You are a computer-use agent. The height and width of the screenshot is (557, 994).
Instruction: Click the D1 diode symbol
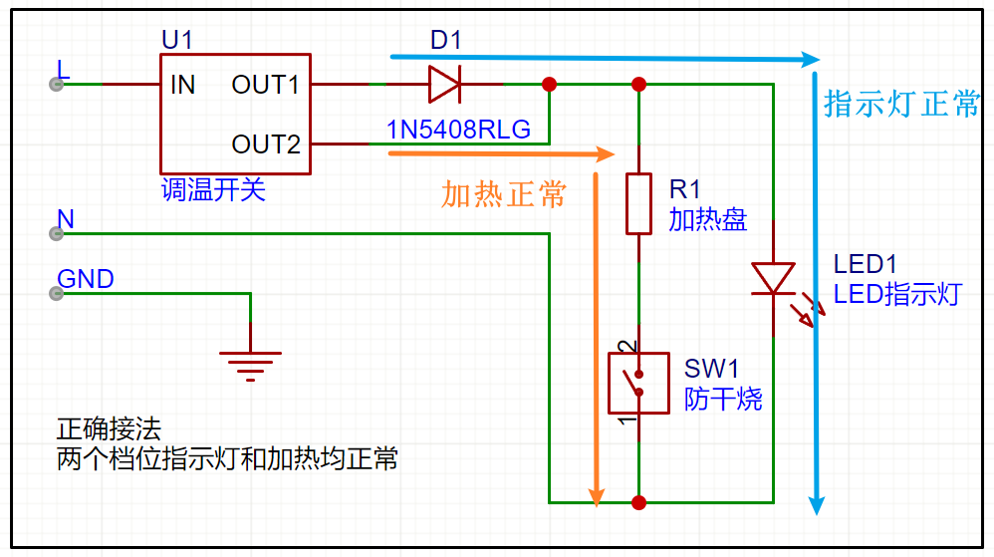(445, 84)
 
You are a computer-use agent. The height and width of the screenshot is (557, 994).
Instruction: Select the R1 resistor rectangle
(639, 203)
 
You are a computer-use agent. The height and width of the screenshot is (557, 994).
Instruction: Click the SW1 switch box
(639, 384)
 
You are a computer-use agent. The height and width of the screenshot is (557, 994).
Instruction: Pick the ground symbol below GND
(250, 366)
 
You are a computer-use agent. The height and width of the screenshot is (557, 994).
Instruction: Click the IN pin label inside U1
(182, 85)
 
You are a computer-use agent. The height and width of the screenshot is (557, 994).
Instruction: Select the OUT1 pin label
(265, 85)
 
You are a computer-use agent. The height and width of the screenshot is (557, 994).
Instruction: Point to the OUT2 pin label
(266, 144)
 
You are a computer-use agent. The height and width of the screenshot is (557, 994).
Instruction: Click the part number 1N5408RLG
(458, 130)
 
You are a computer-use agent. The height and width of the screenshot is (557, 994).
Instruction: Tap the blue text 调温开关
(213, 189)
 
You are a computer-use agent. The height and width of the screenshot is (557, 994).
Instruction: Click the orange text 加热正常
(503, 194)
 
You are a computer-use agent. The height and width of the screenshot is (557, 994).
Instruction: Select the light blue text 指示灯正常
(901, 104)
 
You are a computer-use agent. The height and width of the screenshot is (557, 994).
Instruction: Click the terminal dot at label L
(57, 85)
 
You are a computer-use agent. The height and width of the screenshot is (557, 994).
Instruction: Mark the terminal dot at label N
(57, 234)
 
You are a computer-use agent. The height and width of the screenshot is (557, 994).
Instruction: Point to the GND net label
(86, 279)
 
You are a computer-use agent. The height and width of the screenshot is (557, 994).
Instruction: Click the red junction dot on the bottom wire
(639, 503)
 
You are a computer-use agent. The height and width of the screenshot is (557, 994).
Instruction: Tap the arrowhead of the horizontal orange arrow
(605, 153)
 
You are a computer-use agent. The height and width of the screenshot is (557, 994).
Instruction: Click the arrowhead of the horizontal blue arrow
(810, 60)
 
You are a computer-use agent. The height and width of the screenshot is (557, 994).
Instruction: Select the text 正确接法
(109, 429)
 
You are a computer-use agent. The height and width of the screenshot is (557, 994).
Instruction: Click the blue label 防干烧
(723, 399)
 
